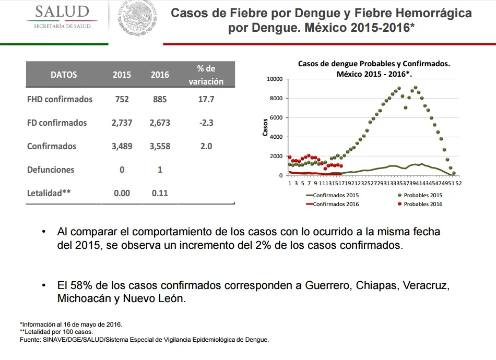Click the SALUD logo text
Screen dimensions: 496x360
click(62, 11)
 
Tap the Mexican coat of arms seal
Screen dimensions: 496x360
click(138, 18)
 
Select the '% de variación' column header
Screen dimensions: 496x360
click(206, 75)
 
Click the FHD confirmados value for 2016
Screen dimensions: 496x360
click(160, 99)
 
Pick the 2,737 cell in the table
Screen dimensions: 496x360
click(122, 123)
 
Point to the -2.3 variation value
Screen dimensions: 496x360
click(206, 123)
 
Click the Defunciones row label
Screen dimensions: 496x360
click(51, 170)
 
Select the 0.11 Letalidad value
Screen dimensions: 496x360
click(160, 193)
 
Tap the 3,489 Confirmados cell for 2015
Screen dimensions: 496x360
click(122, 146)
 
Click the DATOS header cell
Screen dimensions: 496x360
click(64, 75)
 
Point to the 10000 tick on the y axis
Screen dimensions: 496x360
click(275, 79)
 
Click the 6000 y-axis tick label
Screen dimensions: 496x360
click(276, 117)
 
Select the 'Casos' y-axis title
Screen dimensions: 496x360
click(265, 127)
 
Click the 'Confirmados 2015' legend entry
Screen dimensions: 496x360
click(332, 195)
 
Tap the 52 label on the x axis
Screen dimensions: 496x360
click(458, 183)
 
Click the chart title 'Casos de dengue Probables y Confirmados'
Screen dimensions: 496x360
click(374, 64)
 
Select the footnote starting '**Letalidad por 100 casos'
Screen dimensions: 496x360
click(56, 332)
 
